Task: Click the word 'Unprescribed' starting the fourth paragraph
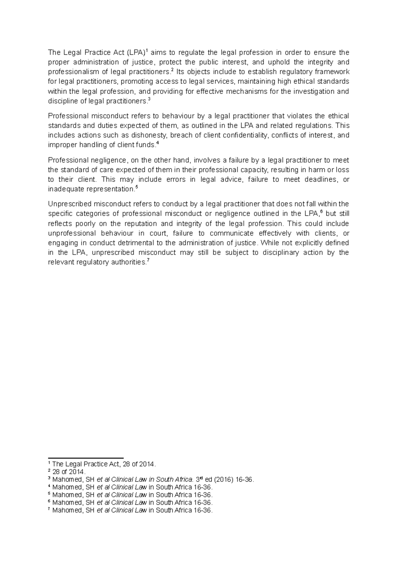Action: pos(69,204)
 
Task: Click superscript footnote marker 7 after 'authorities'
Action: pos(148,260)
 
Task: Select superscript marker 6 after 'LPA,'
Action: pos(321,212)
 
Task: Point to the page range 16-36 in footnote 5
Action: pos(203,495)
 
